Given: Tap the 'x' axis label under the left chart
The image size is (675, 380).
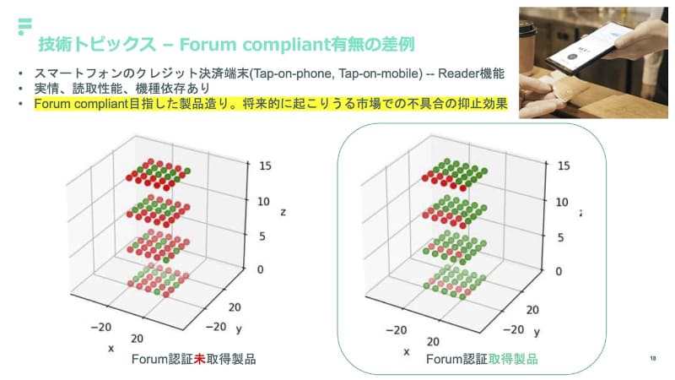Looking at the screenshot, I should tap(111, 347).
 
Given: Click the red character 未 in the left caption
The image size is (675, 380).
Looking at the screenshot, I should tap(200, 359).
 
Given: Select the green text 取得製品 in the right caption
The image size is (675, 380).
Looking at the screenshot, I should tap(512, 359).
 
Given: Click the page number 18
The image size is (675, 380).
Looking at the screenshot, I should tap(653, 358).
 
